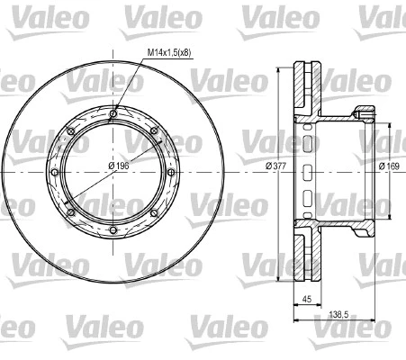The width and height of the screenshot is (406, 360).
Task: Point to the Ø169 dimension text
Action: (389, 167)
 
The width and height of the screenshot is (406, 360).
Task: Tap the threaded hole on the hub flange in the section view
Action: (364, 112)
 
